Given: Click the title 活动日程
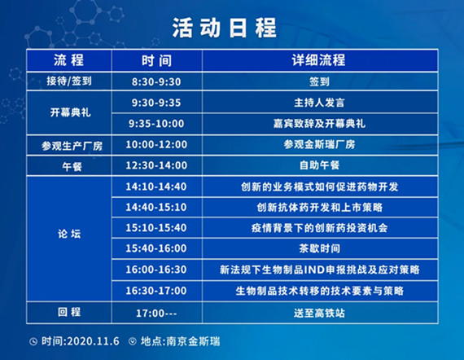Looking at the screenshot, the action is (225, 28).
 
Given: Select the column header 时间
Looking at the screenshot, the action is (156, 61).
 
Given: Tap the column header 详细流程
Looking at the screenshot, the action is (318, 60).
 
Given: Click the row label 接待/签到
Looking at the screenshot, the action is (69, 81).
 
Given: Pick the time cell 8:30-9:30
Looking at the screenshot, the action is (156, 81).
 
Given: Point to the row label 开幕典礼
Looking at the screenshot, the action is (71, 112).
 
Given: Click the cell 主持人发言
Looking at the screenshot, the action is (319, 103).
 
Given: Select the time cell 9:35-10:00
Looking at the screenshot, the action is (156, 124).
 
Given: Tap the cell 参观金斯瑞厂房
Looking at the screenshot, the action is (319, 144).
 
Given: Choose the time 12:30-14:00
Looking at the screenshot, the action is (156, 165).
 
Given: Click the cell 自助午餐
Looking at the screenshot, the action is (319, 165).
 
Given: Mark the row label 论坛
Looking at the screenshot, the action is (69, 234).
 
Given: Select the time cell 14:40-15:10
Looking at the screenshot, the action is (156, 207).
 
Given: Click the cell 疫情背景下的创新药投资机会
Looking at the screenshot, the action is (319, 228).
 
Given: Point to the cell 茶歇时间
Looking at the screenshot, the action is (319, 248).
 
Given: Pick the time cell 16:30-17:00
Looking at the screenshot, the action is (156, 291).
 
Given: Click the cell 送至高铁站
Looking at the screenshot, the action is (319, 313).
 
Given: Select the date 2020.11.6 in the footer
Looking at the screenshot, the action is (93, 341).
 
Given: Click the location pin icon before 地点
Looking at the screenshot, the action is (132, 341).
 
